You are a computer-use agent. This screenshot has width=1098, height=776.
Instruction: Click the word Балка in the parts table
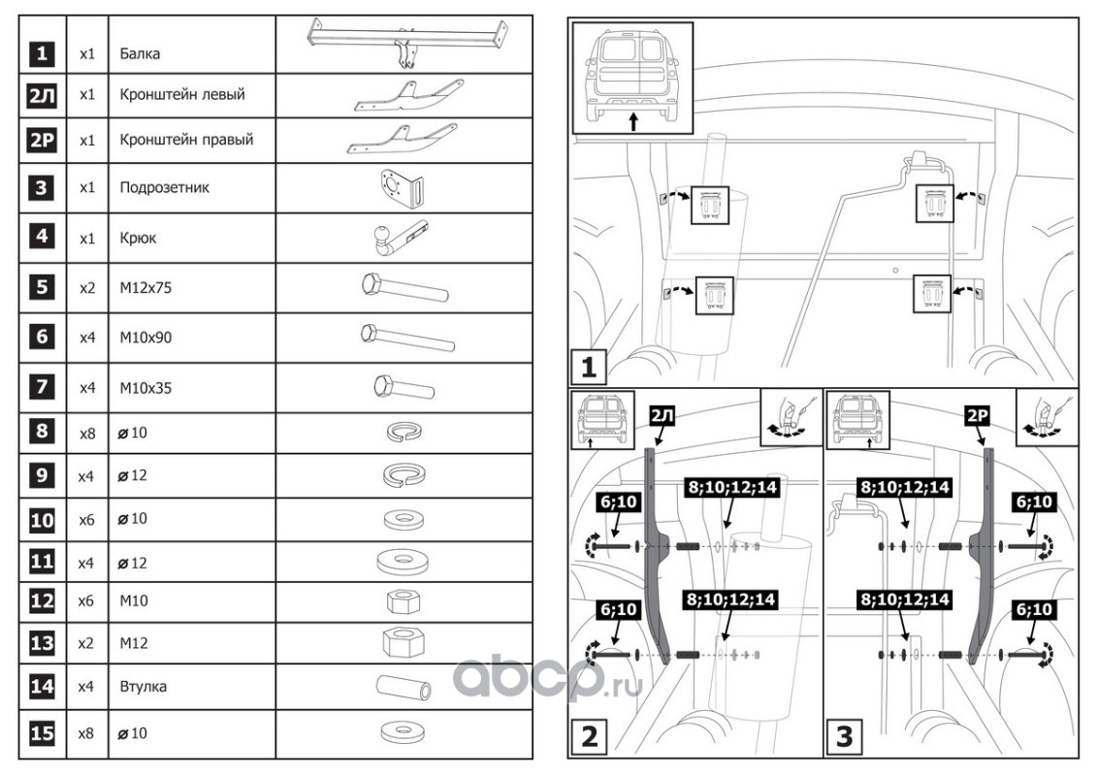[140, 54]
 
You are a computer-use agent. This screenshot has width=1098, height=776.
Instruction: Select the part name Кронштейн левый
[182, 94]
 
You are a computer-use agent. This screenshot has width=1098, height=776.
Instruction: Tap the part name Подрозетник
[165, 188]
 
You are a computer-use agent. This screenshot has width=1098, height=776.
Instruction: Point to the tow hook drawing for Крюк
[397, 238]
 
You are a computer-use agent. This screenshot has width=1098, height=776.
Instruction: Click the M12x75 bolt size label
[145, 288]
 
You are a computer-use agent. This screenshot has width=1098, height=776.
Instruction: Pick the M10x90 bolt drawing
[407, 338]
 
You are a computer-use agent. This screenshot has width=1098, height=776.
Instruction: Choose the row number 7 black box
[42, 387]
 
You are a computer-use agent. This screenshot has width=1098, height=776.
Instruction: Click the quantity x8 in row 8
[87, 434]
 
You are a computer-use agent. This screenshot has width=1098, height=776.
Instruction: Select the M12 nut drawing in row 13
[403, 642]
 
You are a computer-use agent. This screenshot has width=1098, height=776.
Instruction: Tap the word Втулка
[143, 687]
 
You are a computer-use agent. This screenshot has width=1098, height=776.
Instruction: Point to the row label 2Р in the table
[42, 140]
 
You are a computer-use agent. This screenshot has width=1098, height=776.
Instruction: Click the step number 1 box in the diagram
[588, 367]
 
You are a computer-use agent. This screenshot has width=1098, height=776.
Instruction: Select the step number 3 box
[845, 736]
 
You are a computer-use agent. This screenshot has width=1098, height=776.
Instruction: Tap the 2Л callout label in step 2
[662, 416]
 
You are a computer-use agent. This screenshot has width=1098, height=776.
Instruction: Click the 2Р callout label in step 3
[977, 416]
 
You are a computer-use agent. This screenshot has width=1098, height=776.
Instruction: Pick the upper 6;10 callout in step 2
[618, 501]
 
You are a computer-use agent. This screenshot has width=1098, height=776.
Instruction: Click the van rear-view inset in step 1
[632, 78]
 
